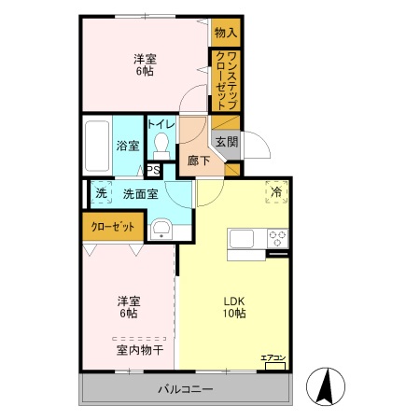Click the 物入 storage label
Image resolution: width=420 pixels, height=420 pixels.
pos(226,33)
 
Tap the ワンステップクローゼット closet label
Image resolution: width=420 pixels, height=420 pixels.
pos(225,80)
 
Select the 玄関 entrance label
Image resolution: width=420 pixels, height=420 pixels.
pos(227,142)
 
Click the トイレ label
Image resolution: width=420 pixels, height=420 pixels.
pos(161,124)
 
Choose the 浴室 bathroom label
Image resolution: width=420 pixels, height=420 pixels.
pos(127,146)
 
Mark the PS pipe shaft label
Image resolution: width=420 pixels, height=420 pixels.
pos(152,170)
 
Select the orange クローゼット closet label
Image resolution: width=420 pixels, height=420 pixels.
pos(111,227)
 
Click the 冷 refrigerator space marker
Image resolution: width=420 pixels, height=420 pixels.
pos(275,191)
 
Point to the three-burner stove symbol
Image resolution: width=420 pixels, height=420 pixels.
pos(277,235)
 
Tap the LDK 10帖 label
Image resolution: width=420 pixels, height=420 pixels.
pos(233,307)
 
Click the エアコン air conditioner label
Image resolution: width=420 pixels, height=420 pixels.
pos(272,356)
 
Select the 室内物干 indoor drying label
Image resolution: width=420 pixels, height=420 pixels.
pos(140,350)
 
